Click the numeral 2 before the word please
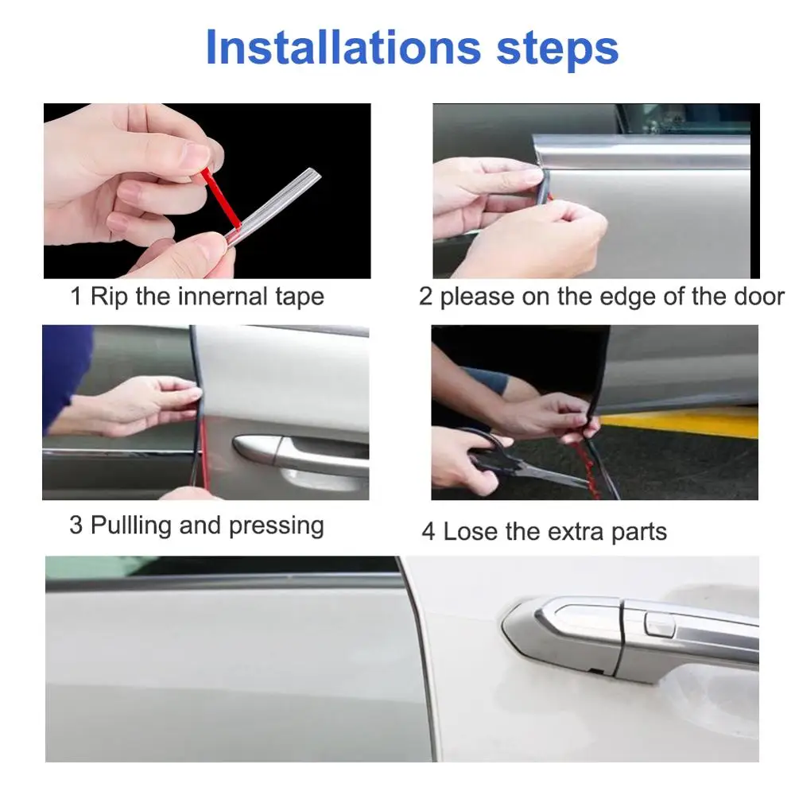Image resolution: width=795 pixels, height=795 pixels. (425, 297)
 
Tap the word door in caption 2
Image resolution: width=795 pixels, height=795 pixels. (758, 296)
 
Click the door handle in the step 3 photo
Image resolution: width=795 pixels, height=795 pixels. (299, 455)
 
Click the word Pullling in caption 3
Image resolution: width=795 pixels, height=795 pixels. (131, 525)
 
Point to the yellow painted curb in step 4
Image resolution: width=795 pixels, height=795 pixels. (680, 421)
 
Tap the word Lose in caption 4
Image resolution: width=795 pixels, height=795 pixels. (471, 532)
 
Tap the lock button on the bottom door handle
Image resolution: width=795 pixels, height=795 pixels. (659, 624)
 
